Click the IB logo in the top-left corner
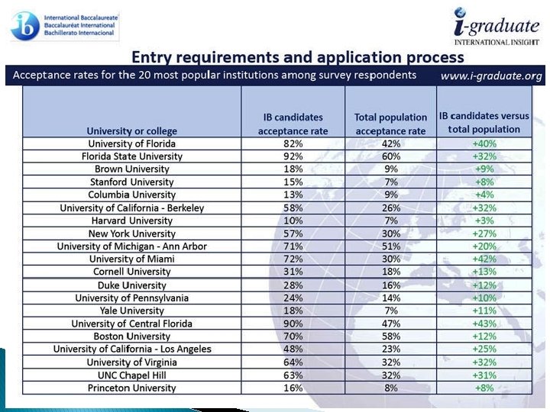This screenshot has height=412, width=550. (x=24, y=25)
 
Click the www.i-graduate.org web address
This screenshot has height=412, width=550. (x=491, y=76)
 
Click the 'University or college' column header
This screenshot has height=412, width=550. (x=131, y=130)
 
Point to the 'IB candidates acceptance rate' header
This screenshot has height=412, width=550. (x=293, y=123)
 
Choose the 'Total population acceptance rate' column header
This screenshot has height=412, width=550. (x=390, y=123)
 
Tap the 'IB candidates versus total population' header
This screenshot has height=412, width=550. (x=485, y=123)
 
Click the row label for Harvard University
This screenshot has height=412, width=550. (x=131, y=220)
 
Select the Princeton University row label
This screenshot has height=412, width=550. (x=131, y=388)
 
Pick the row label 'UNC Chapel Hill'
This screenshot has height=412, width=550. (x=131, y=375)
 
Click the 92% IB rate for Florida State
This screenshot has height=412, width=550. (x=293, y=156)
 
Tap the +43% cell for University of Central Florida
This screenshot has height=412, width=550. (x=485, y=323)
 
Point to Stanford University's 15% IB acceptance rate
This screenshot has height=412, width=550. (x=293, y=182)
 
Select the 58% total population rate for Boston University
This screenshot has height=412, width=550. (x=390, y=336)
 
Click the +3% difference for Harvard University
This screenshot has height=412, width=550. (x=485, y=220)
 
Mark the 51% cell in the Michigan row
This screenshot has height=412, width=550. (x=390, y=246)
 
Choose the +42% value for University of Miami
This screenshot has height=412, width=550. (x=485, y=259)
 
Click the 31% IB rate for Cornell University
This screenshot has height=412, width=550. (x=293, y=272)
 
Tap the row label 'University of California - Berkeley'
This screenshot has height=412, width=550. (x=131, y=208)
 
